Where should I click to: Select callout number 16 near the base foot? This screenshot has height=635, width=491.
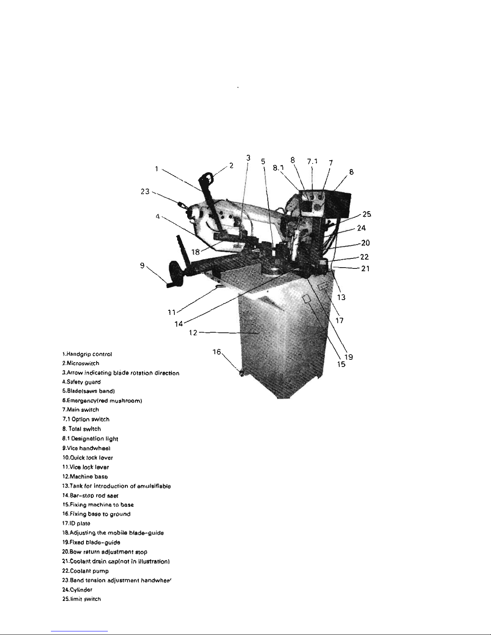pos(216,352)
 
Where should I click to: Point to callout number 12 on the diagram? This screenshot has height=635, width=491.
pos(193,332)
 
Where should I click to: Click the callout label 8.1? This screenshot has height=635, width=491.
pos(278,169)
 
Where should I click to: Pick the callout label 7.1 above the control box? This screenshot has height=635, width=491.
pos(312,161)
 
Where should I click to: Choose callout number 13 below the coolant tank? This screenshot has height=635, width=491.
pos(341,297)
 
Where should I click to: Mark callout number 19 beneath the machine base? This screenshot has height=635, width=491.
pos(348,356)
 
